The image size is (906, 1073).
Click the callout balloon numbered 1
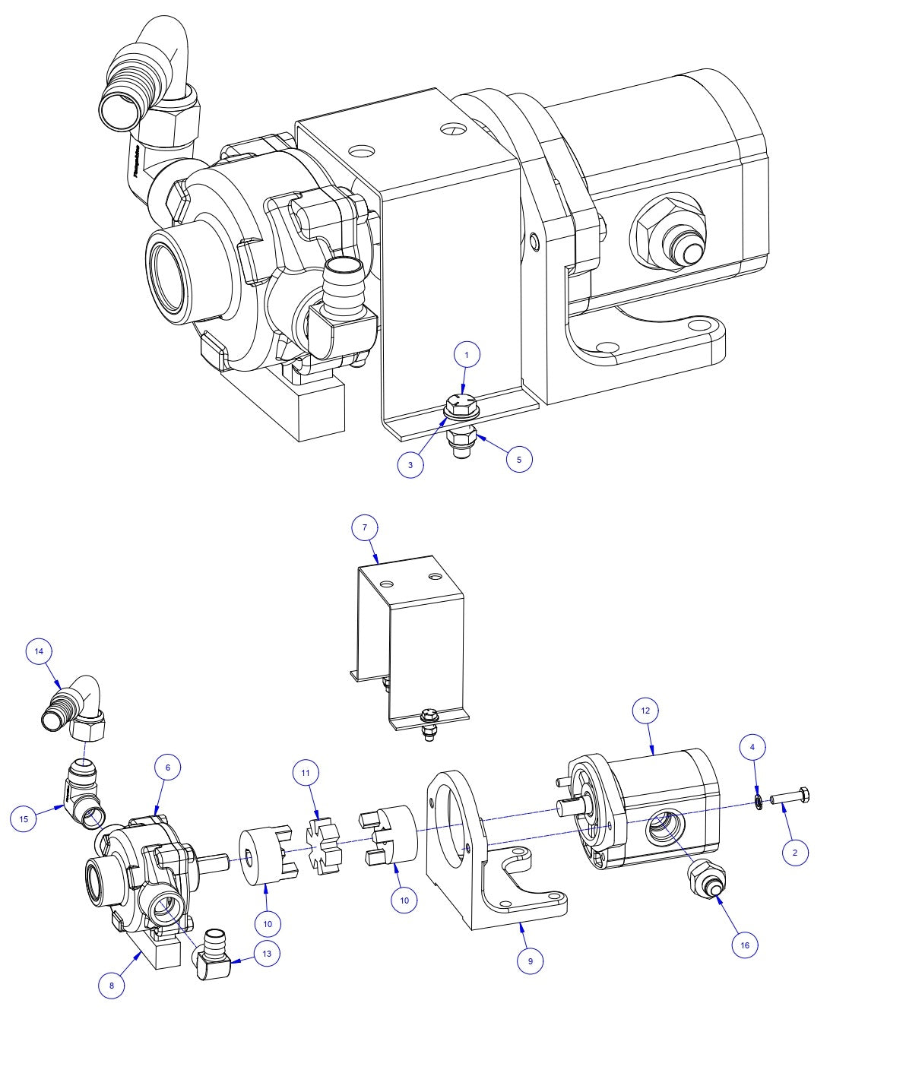(x=467, y=354)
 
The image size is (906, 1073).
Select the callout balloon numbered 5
(x=519, y=459)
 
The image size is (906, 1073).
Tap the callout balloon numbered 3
(x=410, y=465)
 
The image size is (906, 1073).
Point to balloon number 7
(x=365, y=527)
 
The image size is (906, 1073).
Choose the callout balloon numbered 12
(x=645, y=711)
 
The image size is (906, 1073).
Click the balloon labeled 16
(x=745, y=945)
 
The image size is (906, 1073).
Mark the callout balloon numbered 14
(x=39, y=651)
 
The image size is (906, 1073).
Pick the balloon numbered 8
(x=112, y=986)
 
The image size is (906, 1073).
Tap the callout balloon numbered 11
(x=306, y=773)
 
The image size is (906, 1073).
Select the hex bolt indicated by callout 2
(x=790, y=798)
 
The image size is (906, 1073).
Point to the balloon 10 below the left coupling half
(x=268, y=923)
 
